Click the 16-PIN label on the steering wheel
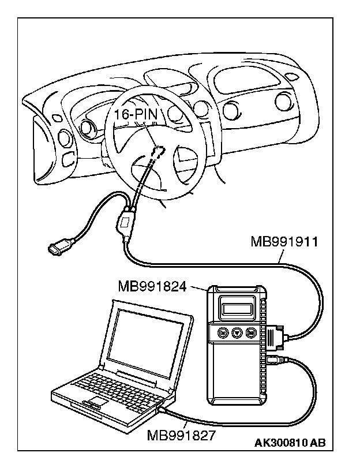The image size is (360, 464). point(136,115)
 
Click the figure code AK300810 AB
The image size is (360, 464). point(290,443)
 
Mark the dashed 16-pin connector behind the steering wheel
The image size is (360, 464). point(157,151)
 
